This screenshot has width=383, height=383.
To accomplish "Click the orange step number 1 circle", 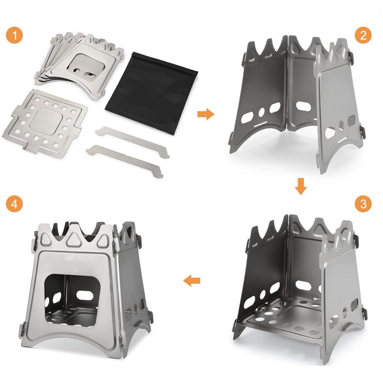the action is coord(15,35).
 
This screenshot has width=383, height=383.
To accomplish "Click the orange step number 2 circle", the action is coord(363,35).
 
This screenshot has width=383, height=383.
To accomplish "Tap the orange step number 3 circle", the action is coord(363,204).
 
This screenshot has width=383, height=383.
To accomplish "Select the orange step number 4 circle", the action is coord(15,204).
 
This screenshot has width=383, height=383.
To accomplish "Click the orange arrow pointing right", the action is coord(206,114).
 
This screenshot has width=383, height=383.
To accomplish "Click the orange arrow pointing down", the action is coord(301,186).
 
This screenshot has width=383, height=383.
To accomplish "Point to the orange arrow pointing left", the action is coord(191,281).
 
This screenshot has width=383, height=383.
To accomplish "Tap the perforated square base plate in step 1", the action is coord(45,123).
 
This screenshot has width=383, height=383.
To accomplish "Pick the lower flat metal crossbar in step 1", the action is coord(124,161).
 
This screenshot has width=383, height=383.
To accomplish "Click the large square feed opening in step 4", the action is coord(73,300).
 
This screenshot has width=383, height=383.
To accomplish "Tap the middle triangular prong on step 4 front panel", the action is coord(73,237).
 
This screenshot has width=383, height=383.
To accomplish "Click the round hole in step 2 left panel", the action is coord(262,112).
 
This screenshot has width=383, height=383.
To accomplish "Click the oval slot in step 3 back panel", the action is coord(303,285).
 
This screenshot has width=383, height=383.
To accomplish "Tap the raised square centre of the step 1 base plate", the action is coord(46,121).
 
